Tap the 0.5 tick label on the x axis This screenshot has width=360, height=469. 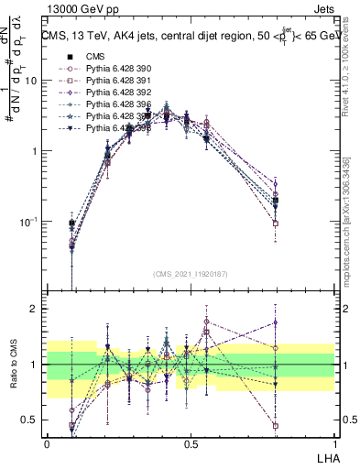tap(190, 442)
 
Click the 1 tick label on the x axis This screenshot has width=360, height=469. tap(334, 442)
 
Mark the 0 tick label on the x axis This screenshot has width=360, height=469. tap(47, 442)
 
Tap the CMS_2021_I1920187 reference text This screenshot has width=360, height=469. tap(190, 273)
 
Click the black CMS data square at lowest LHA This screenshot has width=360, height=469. tap(72, 223)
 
